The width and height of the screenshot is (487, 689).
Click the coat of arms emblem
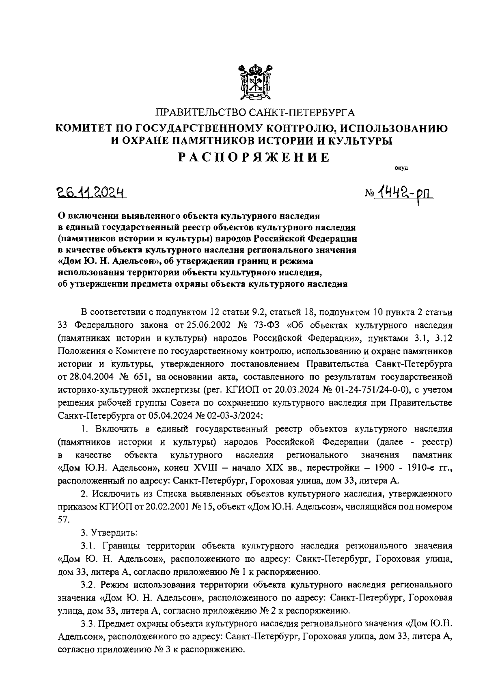pyautogui.click(x=254, y=82)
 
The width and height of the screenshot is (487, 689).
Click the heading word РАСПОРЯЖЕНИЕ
pyautogui.click(x=254, y=158)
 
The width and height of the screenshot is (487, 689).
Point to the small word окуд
pyautogui.click(x=401, y=168)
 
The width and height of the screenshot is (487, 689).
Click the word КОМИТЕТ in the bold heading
pyautogui.click(x=85, y=129)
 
